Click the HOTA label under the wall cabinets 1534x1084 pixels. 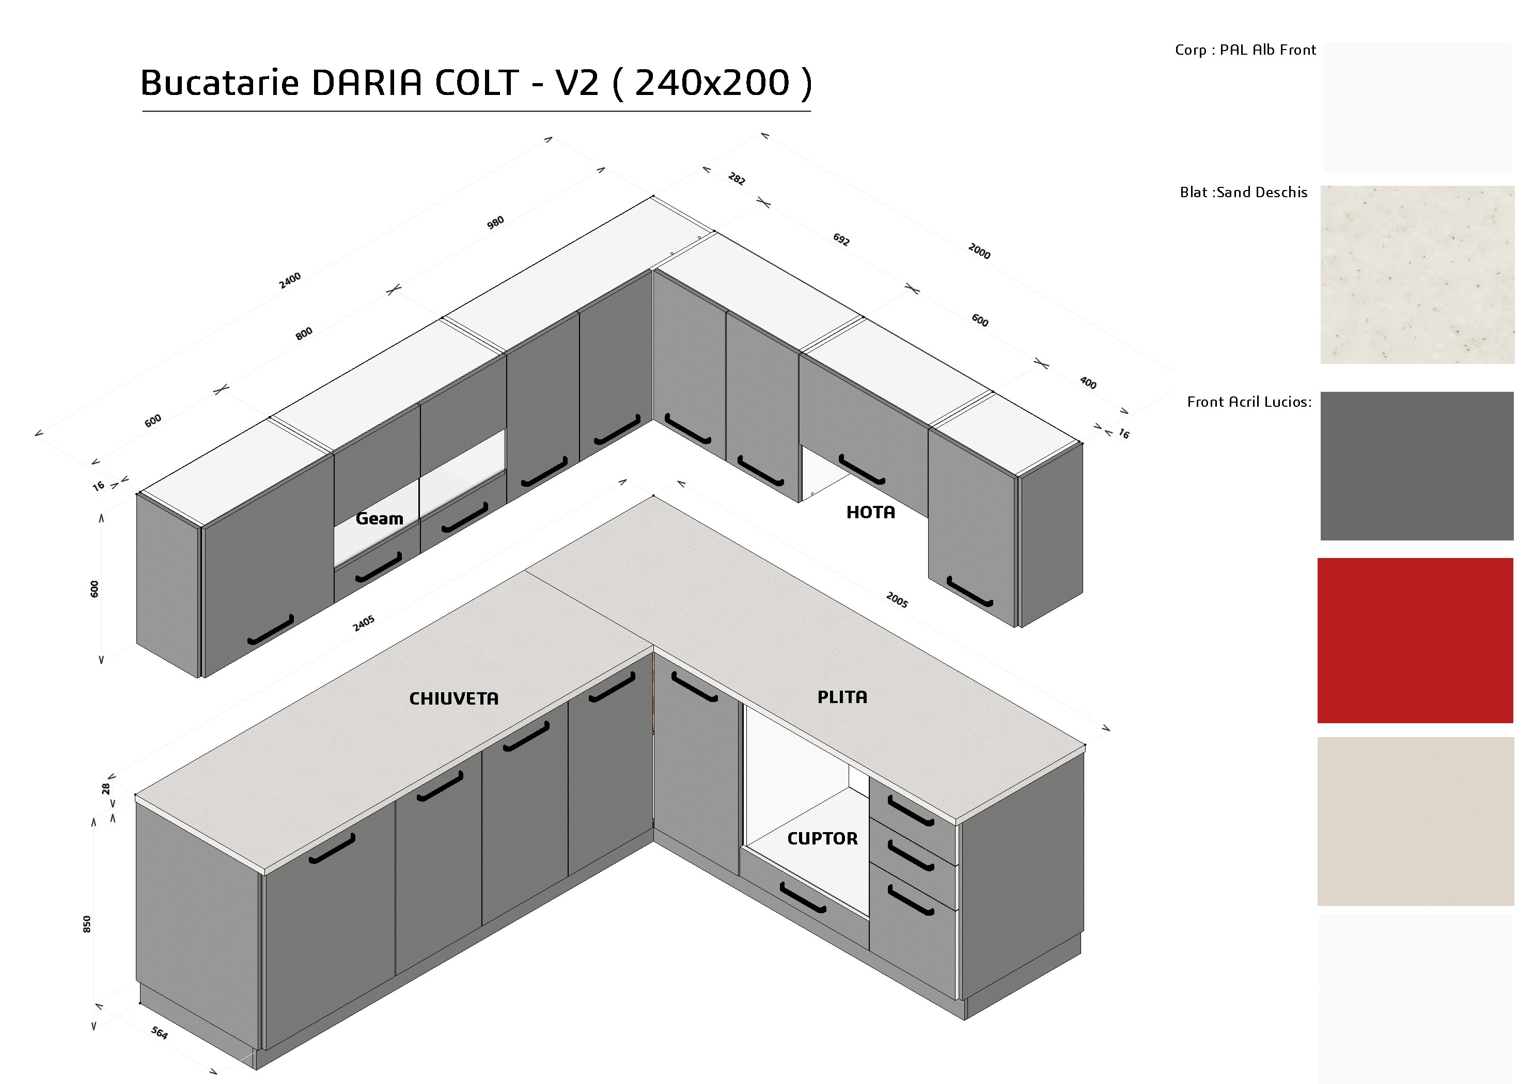[871, 512]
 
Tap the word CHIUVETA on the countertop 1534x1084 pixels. [453, 698]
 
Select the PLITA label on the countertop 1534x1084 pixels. [842, 697]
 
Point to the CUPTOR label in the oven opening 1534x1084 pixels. [822, 839]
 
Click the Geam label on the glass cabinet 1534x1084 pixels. [380, 519]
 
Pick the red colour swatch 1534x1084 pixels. [1415, 641]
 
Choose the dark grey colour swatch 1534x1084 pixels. [1417, 466]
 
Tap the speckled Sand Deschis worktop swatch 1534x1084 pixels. [1418, 275]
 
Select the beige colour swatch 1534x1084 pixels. [1416, 821]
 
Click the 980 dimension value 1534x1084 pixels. [495, 223]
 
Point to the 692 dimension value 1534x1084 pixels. [841, 239]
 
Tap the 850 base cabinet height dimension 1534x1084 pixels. [87, 924]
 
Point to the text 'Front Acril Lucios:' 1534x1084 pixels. [1249, 402]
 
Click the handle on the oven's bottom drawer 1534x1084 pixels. [803, 898]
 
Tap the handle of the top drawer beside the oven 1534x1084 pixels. [911, 811]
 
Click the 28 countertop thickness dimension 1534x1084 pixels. [105, 789]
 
